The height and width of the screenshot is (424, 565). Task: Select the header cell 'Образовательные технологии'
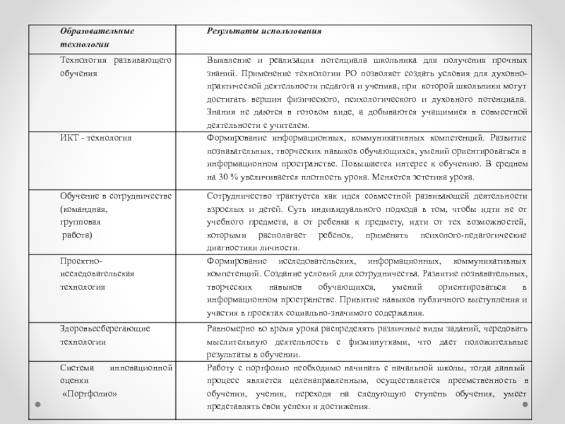click(97, 38)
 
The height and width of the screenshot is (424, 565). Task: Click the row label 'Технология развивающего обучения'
click(116, 66)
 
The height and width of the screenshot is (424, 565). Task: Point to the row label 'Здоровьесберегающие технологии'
click(105, 335)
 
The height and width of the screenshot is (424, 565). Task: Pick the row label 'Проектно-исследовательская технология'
click(92, 274)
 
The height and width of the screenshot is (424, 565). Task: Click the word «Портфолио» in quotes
click(90, 394)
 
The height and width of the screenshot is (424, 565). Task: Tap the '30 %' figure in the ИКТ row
click(228, 177)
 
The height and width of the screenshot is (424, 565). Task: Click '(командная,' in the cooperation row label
click(83, 209)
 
